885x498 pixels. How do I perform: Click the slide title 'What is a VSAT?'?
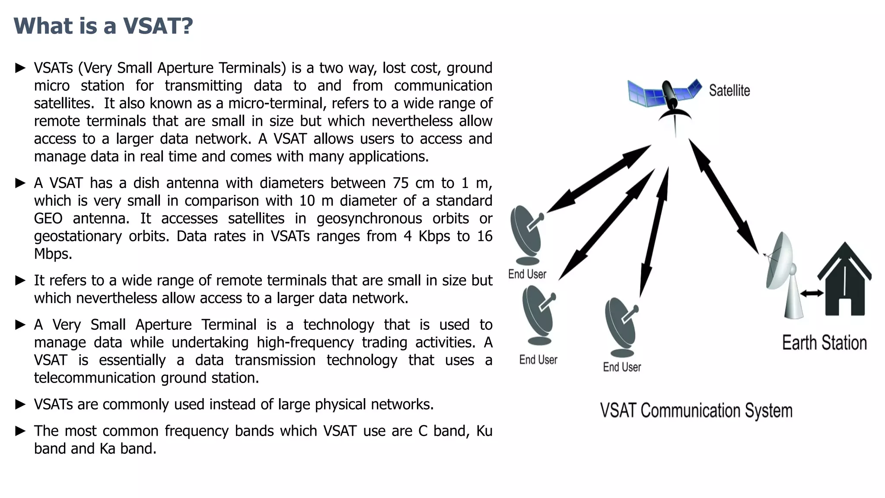click(x=103, y=26)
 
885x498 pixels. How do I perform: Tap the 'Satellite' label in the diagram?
click(x=729, y=91)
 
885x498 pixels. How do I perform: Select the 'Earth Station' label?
click(x=824, y=343)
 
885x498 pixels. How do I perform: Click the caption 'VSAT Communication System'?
click(x=696, y=411)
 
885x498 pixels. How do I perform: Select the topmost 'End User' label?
click(x=527, y=274)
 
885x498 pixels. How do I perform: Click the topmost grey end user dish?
click(x=526, y=233)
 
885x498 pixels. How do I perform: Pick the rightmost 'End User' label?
click(x=621, y=367)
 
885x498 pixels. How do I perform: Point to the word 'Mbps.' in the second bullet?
click(x=53, y=254)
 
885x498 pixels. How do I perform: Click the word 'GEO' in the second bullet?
click(x=48, y=218)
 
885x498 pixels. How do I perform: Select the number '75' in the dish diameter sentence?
click(x=401, y=183)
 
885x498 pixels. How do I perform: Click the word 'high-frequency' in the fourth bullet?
click(x=305, y=342)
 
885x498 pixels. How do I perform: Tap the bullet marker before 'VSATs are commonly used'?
click(x=20, y=404)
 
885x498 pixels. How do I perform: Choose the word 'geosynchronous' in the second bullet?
click(x=369, y=218)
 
